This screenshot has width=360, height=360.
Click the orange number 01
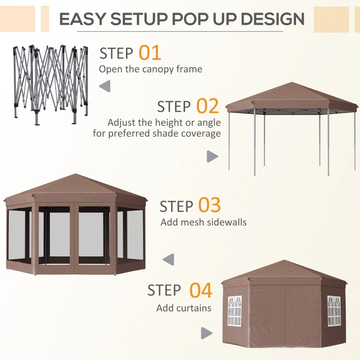pyautogui.click(x=149, y=53)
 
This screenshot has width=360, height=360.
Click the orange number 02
pyautogui.click(x=207, y=106)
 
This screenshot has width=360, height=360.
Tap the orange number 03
pyautogui.click(x=209, y=206)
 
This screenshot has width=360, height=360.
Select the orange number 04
pyautogui.click(x=200, y=290)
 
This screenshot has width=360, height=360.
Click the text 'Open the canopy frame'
pyautogui.click(x=150, y=69)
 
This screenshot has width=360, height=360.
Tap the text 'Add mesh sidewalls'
pyautogui.click(x=203, y=222)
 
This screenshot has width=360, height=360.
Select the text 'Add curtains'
pyautogui.click(x=184, y=308)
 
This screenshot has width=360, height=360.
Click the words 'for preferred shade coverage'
pyautogui.click(x=157, y=134)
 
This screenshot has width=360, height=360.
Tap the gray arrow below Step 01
pyautogui.click(x=105, y=86)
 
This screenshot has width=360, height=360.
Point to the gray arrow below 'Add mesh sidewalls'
pyautogui.click(x=168, y=259)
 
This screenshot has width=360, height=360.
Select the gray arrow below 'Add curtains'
pyautogui.click(x=207, y=333)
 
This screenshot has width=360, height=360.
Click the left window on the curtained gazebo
pyautogui.click(x=234, y=310)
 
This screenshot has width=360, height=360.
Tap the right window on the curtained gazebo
pyautogui.click(x=333, y=310)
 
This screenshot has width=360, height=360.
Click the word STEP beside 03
pyautogui.click(x=176, y=207)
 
